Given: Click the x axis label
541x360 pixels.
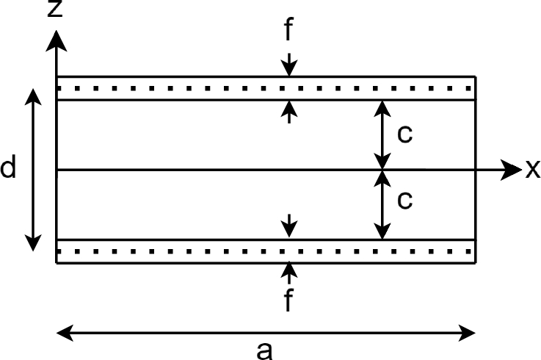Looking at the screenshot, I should click(x=532, y=170).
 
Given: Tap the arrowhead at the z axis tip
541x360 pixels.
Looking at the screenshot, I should click(x=56, y=40).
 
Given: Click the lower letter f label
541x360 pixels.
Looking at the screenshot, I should click(x=290, y=300).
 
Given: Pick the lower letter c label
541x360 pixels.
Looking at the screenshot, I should click(x=404, y=200).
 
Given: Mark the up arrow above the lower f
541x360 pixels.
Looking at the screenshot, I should click(x=290, y=273).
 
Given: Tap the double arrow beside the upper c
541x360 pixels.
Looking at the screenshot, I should click(x=382, y=134).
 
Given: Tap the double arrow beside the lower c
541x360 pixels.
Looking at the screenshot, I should click(x=382, y=204).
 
